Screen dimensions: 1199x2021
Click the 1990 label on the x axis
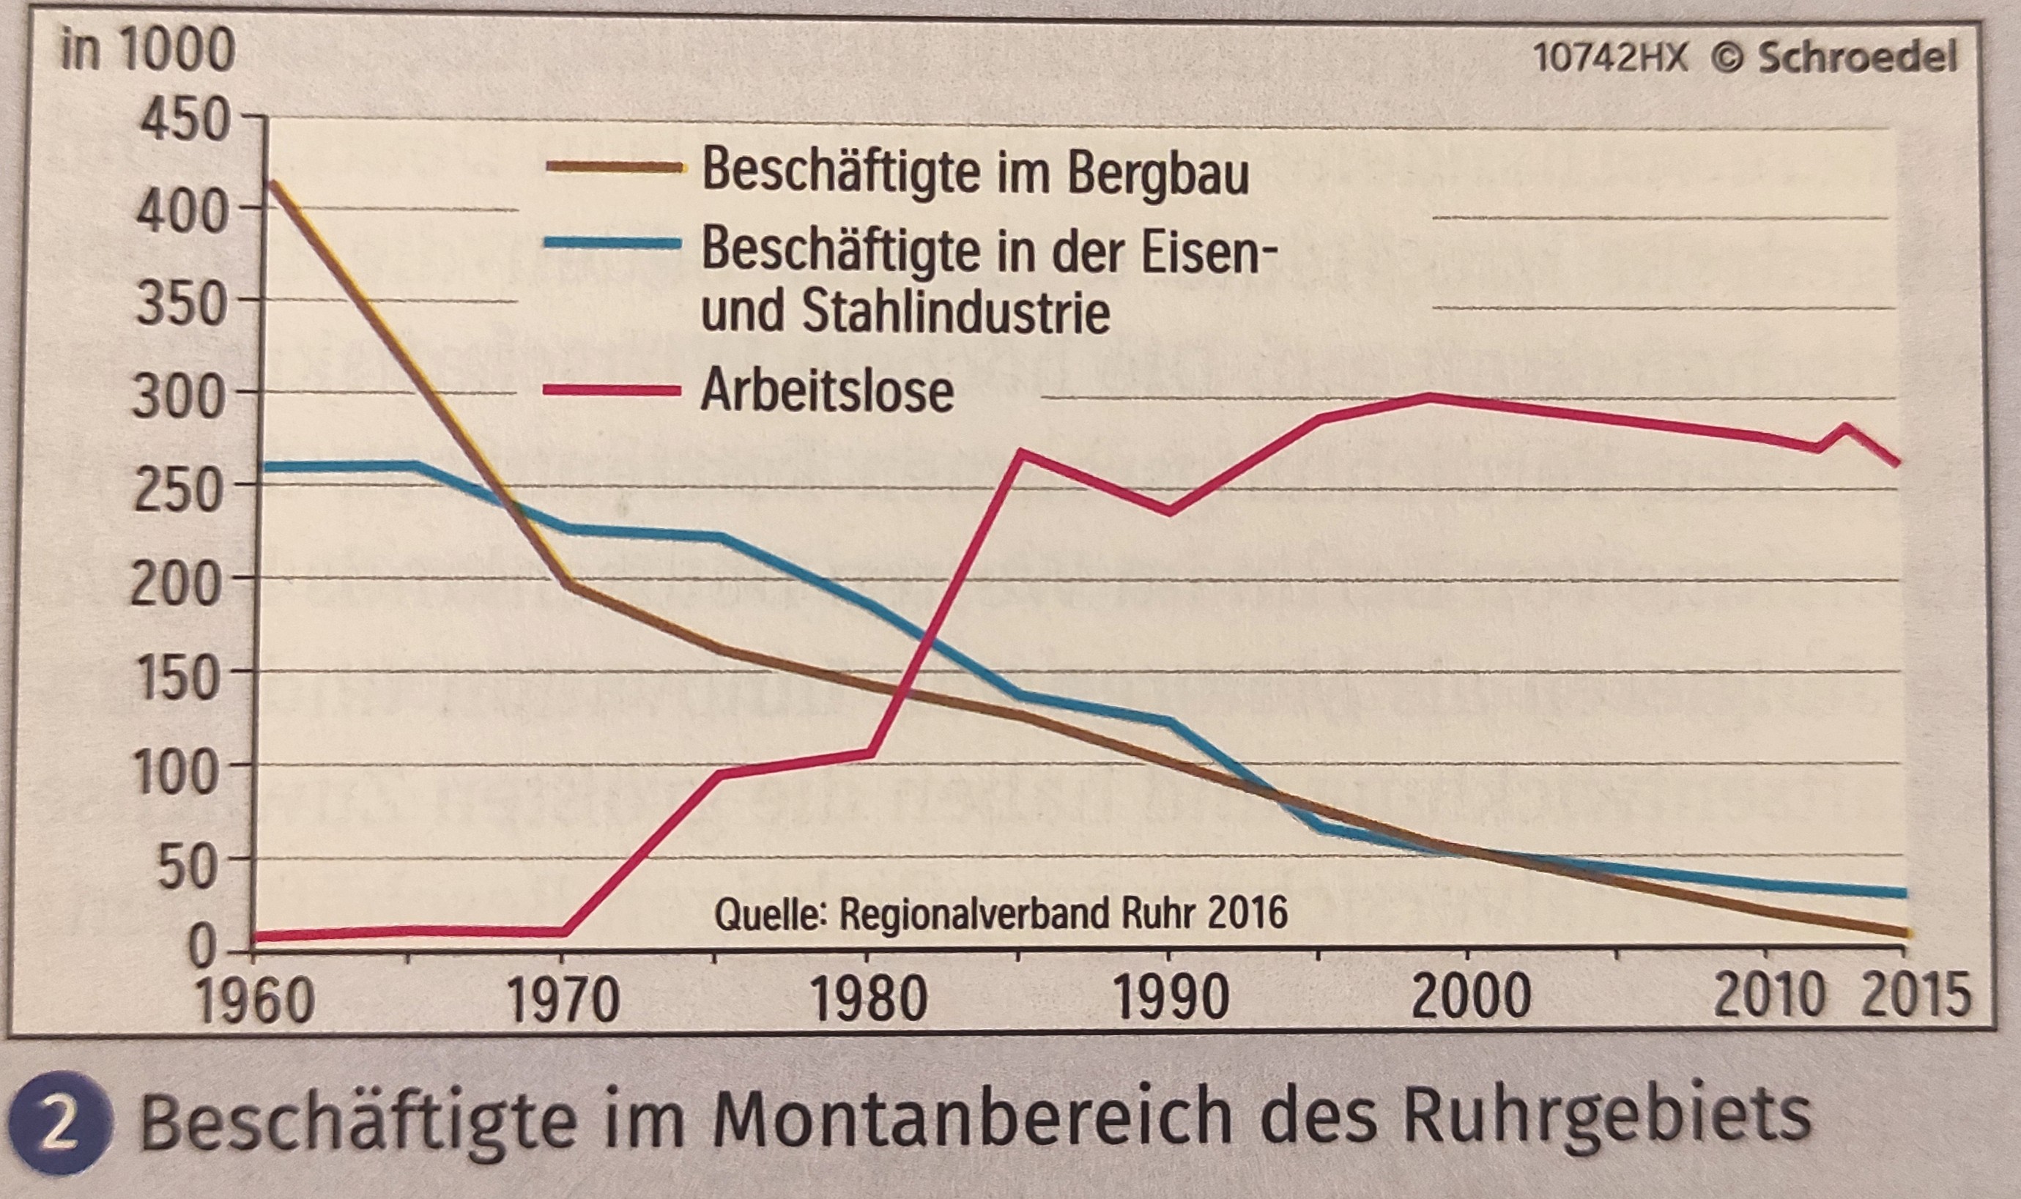[1171, 1001]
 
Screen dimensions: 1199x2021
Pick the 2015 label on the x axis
[1913, 995]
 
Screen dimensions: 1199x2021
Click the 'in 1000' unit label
[148, 50]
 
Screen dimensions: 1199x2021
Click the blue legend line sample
[612, 242]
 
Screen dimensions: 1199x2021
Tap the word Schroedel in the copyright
[1857, 58]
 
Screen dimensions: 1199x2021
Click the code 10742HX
[1609, 58]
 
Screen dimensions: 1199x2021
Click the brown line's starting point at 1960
[272, 182]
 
